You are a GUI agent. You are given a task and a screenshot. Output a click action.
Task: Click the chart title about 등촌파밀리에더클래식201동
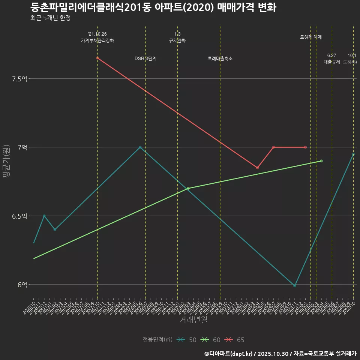[153, 7]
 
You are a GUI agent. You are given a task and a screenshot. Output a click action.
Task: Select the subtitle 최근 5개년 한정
[50, 18]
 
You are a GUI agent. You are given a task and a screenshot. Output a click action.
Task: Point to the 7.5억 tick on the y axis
[20, 79]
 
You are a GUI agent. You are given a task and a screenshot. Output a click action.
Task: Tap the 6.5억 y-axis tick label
[20, 216]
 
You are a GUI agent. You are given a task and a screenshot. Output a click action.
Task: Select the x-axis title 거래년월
[193, 320]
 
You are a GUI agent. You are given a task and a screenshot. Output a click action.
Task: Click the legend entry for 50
[187, 340]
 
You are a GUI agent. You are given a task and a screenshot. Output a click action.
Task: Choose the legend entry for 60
[211, 340]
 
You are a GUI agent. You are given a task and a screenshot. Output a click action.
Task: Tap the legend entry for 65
[235, 340]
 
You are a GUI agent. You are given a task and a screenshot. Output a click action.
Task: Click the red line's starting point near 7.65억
[97, 58]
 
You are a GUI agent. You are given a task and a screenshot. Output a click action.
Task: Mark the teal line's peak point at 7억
[140, 147]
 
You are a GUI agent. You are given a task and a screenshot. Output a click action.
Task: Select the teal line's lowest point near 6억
[295, 286]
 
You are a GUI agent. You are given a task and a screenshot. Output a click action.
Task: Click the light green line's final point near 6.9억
[321, 161]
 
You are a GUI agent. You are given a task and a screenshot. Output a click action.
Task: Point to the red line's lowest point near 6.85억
[257, 168]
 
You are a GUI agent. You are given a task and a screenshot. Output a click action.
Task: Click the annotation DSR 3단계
[145, 58]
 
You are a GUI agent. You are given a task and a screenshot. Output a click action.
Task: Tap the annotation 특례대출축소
[220, 58]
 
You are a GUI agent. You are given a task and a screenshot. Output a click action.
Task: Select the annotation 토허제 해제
[311, 37]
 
